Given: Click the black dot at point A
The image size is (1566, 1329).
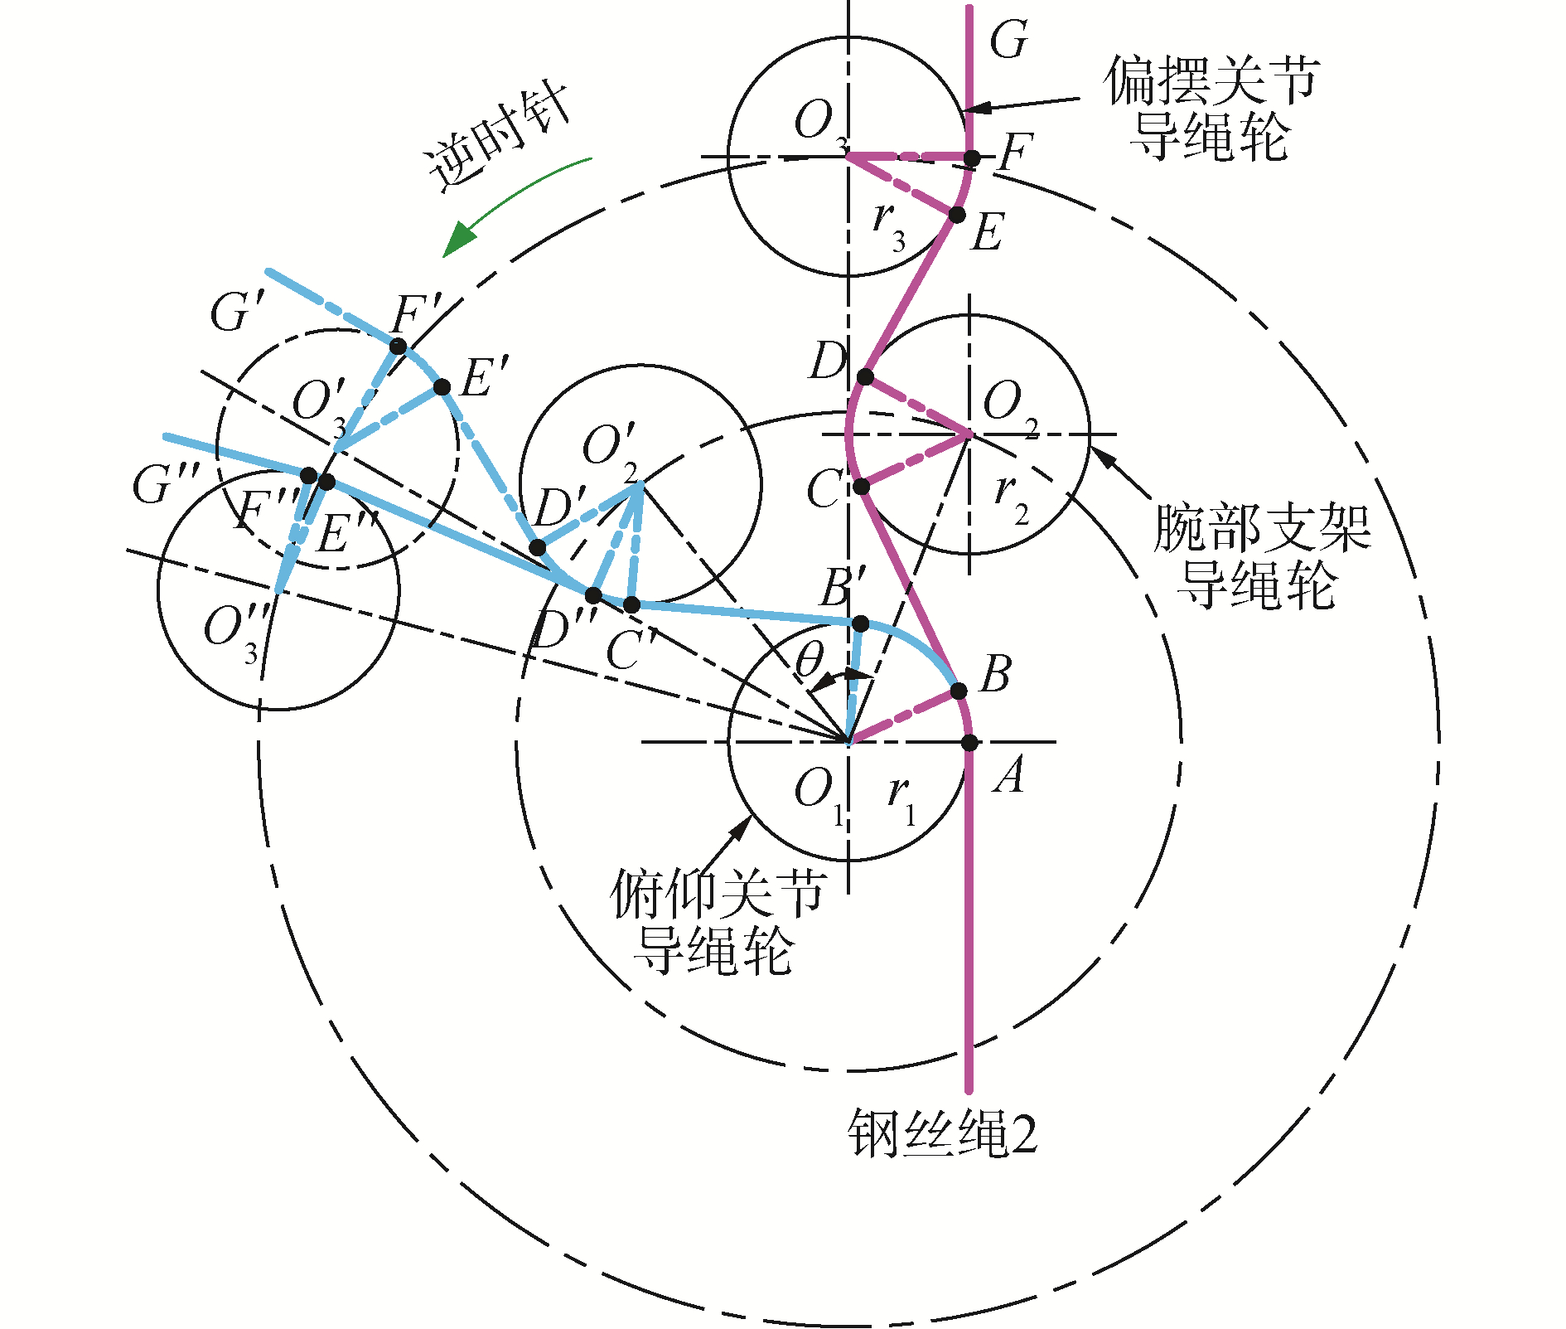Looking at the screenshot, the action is coord(969,742).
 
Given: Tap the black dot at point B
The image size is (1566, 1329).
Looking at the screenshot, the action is coord(959,691).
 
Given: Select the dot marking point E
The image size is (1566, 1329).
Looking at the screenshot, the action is coord(957,215).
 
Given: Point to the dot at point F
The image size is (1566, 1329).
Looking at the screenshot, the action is coord(972,158).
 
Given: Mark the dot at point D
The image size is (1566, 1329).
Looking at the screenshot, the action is coord(865,377).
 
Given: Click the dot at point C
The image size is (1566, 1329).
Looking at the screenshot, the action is coord(862,487).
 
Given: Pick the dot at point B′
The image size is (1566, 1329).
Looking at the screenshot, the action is coord(860,623).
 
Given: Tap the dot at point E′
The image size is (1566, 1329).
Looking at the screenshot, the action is coord(442,387).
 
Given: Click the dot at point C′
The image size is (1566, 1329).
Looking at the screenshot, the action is coord(631,604).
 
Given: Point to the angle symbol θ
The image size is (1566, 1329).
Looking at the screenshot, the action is coord(809,661).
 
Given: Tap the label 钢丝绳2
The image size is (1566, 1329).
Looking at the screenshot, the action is coord(942,1134).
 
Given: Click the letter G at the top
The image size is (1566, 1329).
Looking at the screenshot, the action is coord(1008,40).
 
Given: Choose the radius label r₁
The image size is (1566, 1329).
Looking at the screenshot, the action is coord(901,798).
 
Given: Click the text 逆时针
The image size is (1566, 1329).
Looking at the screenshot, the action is coord(497,137).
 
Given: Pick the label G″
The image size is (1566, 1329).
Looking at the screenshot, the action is coord(165,484).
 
